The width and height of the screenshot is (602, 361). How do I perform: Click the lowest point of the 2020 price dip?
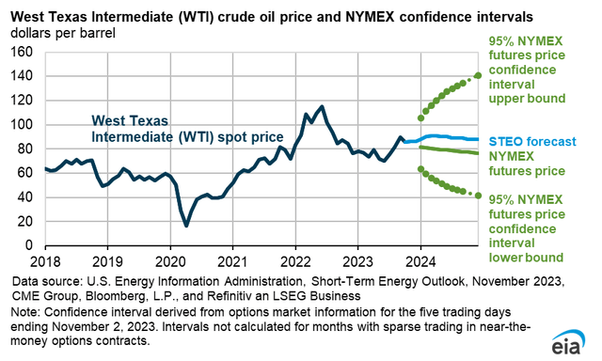(186, 226)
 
